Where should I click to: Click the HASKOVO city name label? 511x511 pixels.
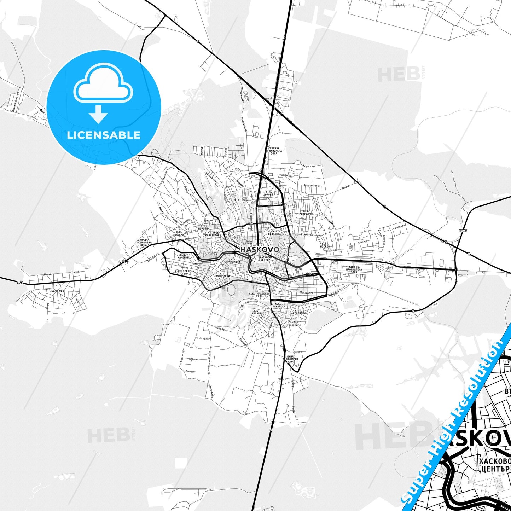tap(260, 250)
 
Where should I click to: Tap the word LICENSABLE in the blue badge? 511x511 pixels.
tap(104, 135)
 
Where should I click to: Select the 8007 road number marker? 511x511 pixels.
tap(463, 231)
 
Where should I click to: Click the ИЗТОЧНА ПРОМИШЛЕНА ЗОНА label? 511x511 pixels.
tap(354, 269)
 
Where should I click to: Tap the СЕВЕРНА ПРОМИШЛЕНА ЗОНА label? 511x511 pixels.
tap(274, 151)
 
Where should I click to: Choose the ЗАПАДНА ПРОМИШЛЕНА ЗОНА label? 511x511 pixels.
tap(144, 242)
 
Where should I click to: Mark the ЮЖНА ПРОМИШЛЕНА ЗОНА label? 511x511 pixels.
tap(290, 359)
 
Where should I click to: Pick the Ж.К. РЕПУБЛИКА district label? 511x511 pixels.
tap(306, 212)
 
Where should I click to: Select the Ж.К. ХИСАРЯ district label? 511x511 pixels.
tap(256, 312)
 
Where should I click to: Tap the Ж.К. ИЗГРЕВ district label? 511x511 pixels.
tap(325, 245)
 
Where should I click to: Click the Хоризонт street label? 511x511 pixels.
tap(309, 166)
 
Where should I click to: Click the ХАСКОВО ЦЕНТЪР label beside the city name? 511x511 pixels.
tap(265, 259)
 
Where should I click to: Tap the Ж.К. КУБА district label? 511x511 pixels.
tap(241, 200)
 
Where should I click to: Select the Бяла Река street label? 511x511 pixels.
tap(221, 329)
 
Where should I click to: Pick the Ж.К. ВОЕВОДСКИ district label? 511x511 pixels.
tap(222, 275)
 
